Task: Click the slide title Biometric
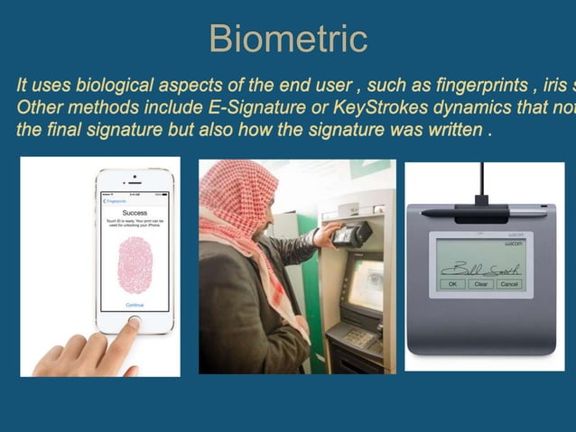coord(287,38)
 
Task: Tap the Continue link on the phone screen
coord(135,305)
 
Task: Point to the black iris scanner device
coord(351,235)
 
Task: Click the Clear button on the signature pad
coord(480,283)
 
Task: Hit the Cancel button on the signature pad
coord(508,283)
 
